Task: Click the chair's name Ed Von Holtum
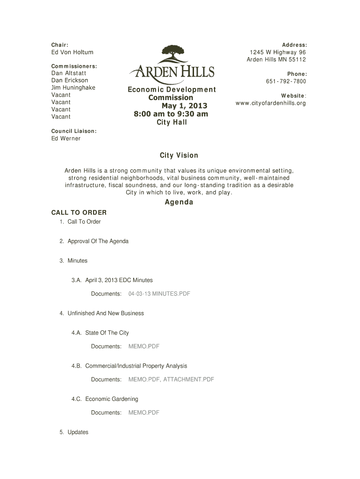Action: tap(72, 52)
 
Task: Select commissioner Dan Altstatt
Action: tap(68, 73)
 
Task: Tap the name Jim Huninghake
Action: tap(73, 87)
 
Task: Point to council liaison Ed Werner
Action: tap(66, 138)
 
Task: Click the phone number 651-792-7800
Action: tap(286, 81)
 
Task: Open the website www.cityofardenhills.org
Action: tap(271, 103)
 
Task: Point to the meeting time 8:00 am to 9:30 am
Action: tap(171, 114)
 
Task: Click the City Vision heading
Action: tap(179, 155)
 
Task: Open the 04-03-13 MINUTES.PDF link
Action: tap(159, 294)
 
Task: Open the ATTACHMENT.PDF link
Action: tap(188, 379)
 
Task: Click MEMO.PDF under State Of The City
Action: tap(144, 346)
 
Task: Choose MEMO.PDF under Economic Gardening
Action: tap(144, 413)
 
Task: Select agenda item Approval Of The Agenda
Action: tap(98, 241)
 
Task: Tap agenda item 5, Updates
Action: tap(78, 432)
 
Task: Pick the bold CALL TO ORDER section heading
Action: tap(79, 213)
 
